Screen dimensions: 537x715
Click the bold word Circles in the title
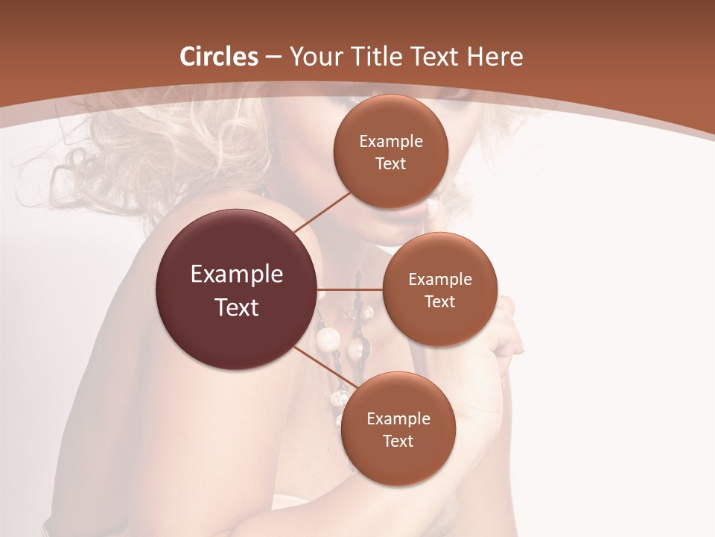click(x=219, y=57)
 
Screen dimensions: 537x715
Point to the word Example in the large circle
click(x=237, y=274)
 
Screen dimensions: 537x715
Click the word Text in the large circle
click(x=237, y=307)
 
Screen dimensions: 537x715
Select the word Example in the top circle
click(x=391, y=142)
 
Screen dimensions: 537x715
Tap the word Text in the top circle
click(x=391, y=163)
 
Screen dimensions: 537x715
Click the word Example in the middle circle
click(x=440, y=280)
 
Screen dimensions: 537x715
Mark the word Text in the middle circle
click(x=440, y=302)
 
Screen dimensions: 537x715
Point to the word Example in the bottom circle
click(x=398, y=419)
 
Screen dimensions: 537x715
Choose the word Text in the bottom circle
click(x=398, y=441)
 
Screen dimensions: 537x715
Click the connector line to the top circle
click(x=323, y=211)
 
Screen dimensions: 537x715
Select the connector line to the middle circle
click(x=350, y=289)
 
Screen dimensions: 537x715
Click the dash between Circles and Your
click(x=273, y=57)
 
